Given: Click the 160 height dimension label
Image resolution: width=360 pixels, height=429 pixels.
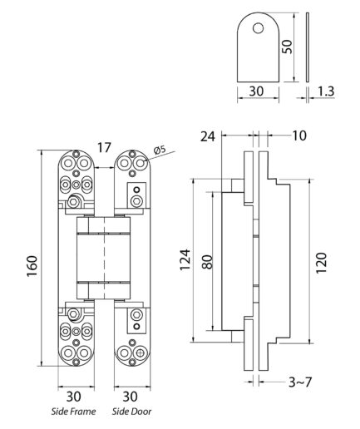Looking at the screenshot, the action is coord(32,266).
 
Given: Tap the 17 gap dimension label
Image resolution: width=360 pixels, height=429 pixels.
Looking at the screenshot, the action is coord(104,148).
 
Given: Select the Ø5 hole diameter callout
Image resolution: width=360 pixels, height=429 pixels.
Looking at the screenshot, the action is coord(159,150).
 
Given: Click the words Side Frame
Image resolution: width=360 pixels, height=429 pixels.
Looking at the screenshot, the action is coord(74,412).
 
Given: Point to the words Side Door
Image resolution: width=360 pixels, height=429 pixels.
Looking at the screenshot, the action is coord(132,412).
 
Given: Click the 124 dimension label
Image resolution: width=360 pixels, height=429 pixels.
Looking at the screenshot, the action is coord(185,259).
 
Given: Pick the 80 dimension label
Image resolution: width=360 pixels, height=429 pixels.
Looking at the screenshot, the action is coord(207,262).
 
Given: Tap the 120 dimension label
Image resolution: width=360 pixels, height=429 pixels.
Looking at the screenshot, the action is coord(322,263).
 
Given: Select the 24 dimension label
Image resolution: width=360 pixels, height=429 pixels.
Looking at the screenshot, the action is coord(208,136).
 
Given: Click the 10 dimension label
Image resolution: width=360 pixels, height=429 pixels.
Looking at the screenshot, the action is coord(299,136).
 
